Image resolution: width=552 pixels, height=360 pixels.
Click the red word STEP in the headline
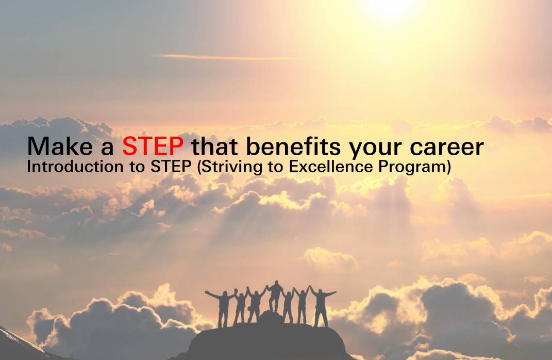[x=153, y=146]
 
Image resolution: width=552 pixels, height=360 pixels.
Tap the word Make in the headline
[x=60, y=146]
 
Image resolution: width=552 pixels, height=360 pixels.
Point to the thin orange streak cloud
[x=225, y=57]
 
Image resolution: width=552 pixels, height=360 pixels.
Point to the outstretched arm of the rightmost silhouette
[x=330, y=293]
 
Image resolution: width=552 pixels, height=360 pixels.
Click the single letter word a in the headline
[x=107, y=149]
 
